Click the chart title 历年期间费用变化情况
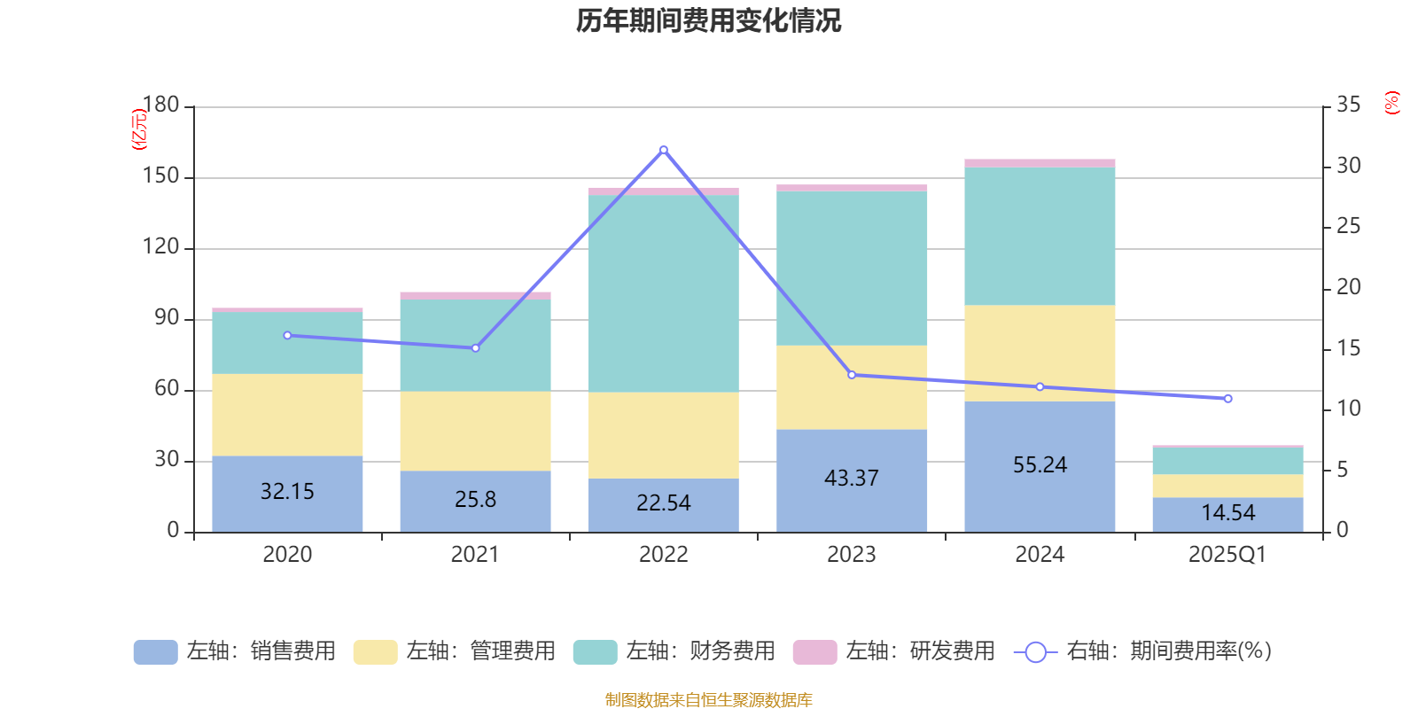click(708, 20)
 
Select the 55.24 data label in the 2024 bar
click(1040, 465)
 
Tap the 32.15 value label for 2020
click(287, 492)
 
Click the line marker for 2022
click(664, 150)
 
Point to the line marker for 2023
click(852, 375)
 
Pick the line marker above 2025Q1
click(1227, 399)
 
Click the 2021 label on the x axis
click(475, 555)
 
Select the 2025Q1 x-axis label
click(1227, 555)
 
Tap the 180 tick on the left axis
click(161, 105)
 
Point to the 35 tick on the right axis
click(1348, 105)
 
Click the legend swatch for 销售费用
click(155, 652)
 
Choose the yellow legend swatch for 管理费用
click(375, 652)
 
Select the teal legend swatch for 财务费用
click(595, 652)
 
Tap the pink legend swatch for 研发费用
click(814, 652)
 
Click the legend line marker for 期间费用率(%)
click(1035, 652)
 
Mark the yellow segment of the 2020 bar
click(287, 415)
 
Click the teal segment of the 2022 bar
click(664, 292)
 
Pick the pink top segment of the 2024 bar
click(1040, 163)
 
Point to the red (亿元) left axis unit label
click(138, 129)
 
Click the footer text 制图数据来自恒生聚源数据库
click(708, 700)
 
